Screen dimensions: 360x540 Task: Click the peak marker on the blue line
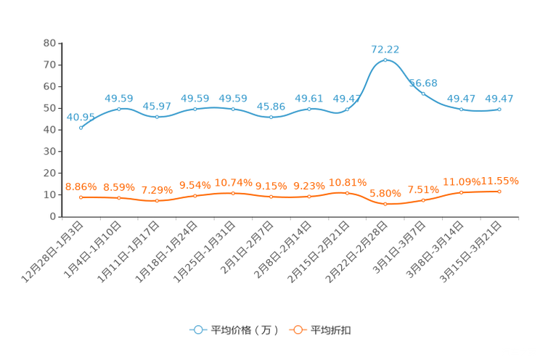pyautogui.click(x=385, y=60)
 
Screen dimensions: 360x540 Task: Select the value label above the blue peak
pyautogui.click(x=385, y=49)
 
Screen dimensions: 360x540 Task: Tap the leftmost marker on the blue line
pyautogui.click(x=81, y=128)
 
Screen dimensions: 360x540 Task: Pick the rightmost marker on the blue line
pyautogui.click(x=499, y=109)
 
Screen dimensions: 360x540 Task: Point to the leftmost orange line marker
pyautogui.click(x=81, y=197)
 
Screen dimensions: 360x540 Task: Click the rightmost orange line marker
pyautogui.click(x=499, y=192)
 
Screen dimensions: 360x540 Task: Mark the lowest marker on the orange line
pyautogui.click(x=385, y=205)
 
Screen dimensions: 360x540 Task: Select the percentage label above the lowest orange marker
pyautogui.click(x=385, y=194)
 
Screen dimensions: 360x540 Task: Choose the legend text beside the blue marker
pyautogui.click(x=244, y=330)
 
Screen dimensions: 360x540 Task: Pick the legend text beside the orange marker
pyautogui.click(x=332, y=330)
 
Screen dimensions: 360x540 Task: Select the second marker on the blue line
pyautogui.click(x=119, y=109)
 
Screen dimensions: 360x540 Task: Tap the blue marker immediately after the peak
pyautogui.click(x=423, y=94)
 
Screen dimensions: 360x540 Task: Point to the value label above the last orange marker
pyautogui.click(x=501, y=181)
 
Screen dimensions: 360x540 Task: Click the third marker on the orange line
pyautogui.click(x=157, y=201)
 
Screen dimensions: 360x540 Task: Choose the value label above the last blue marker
pyautogui.click(x=499, y=99)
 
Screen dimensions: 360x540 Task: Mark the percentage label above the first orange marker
pyautogui.click(x=81, y=187)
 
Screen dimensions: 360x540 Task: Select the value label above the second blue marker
pyautogui.click(x=119, y=99)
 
